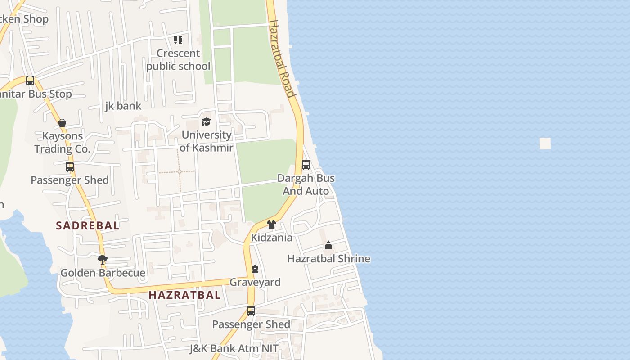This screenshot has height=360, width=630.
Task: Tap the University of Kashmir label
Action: click(x=207, y=141)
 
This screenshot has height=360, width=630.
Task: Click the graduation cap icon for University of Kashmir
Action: click(x=206, y=121)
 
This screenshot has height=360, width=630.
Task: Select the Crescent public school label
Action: click(x=178, y=59)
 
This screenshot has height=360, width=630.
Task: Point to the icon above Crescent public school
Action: click(x=178, y=40)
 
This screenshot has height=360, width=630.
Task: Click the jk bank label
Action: click(x=123, y=106)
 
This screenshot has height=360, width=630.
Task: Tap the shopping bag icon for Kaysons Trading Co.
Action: click(x=62, y=123)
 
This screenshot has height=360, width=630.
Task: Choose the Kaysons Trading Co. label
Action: click(x=63, y=142)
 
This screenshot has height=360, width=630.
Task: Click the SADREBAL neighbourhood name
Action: click(x=88, y=225)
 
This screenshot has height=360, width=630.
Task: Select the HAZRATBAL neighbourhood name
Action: click(x=184, y=295)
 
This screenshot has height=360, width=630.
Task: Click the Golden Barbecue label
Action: click(x=103, y=273)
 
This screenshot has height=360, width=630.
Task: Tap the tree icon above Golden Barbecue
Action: click(x=103, y=259)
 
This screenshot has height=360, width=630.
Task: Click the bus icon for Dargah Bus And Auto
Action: click(x=306, y=165)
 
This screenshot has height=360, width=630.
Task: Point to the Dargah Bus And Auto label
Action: click(x=306, y=184)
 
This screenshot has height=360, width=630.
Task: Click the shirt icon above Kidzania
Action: click(x=271, y=225)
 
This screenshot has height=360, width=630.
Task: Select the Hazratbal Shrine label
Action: click(x=328, y=259)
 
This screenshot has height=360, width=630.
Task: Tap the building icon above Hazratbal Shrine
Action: click(x=328, y=246)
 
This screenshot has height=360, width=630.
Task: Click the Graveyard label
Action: click(x=255, y=282)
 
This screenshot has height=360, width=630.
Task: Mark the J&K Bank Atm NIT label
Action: click(x=234, y=348)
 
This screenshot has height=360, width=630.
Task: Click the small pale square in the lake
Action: click(x=545, y=144)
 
